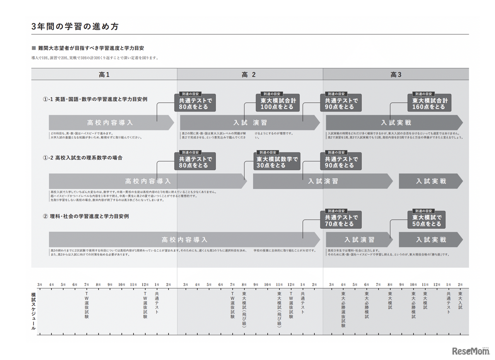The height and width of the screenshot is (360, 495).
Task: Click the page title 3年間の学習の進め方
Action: click(x=75, y=27)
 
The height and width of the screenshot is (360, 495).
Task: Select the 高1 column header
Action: click(x=104, y=75)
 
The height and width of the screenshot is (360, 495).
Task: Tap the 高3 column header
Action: click(x=396, y=75)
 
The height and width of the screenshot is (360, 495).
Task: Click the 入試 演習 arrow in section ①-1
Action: click(x=250, y=123)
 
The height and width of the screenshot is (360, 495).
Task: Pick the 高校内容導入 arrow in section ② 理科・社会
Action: click(x=184, y=240)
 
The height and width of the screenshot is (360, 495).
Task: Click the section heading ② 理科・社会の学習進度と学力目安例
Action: click(x=86, y=216)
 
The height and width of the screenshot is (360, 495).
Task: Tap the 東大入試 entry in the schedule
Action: click(x=460, y=300)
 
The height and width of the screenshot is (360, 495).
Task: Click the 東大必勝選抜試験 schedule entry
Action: click(x=343, y=310)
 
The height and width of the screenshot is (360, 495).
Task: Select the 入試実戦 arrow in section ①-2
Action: click(x=430, y=181)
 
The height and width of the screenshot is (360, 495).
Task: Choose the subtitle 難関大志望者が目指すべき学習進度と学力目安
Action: click(x=91, y=48)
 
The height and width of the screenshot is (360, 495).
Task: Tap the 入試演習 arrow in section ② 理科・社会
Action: click(x=359, y=240)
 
